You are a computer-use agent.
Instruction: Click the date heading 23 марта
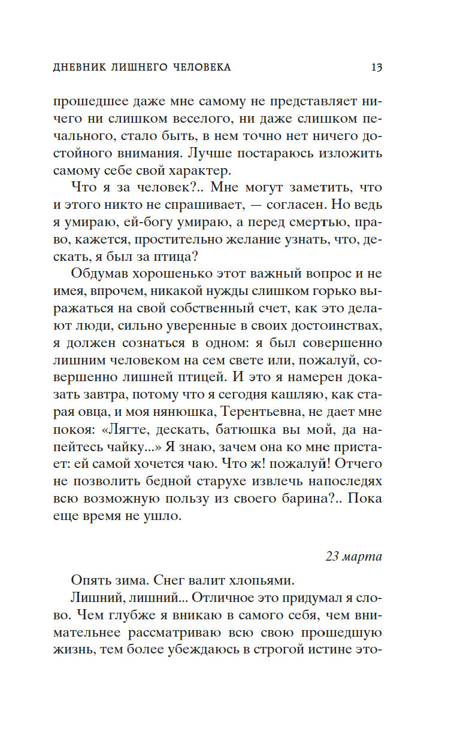pos(353,556)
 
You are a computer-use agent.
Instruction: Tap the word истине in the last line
pos(335,649)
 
